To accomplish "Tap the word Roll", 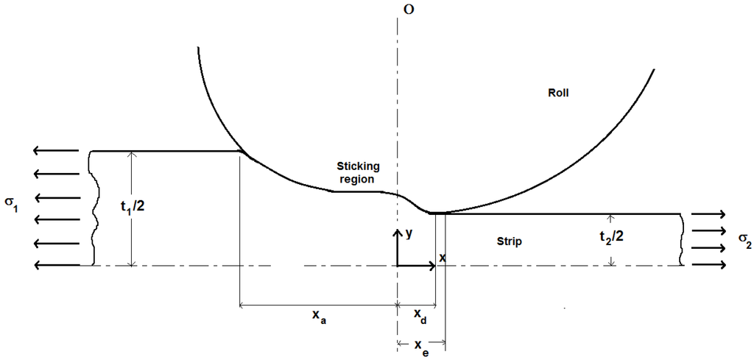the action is click(559, 93).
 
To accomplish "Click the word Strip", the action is click(508, 241).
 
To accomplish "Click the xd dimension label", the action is click(417, 317).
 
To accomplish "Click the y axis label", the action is click(408, 233).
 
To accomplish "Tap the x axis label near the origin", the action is click(443, 257).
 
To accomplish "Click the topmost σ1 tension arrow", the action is click(55, 152).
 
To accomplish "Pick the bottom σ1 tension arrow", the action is click(55, 266).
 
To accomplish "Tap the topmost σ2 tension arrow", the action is click(708, 214).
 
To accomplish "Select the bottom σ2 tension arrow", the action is click(708, 265).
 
